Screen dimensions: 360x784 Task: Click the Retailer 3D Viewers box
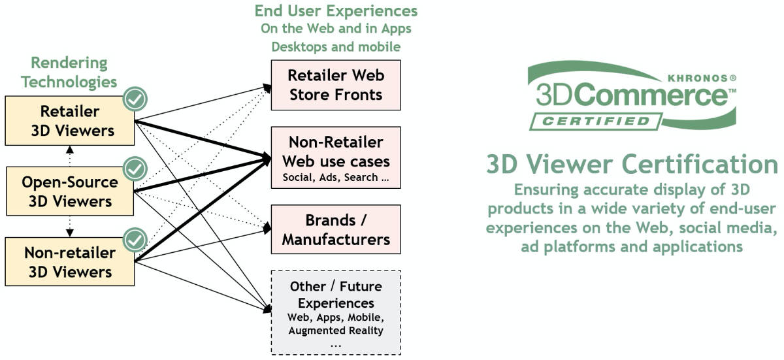pos(69,121)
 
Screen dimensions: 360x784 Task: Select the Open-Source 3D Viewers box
pos(69,192)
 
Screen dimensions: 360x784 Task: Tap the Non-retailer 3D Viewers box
pos(69,262)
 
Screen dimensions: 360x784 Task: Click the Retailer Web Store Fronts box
pos(335,85)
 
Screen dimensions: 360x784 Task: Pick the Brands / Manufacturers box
pos(335,229)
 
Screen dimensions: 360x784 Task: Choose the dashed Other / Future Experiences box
pos(335,312)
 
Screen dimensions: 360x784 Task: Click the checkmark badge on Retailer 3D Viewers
pos(136,99)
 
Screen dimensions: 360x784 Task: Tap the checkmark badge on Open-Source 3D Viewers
pos(136,169)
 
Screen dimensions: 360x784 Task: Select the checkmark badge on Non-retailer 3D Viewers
pos(136,240)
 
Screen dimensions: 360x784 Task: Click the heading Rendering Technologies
pos(69,73)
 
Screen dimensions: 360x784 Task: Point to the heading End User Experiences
pos(336,11)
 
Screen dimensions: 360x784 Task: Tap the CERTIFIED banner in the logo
pos(593,122)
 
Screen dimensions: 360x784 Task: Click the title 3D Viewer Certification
pos(631,165)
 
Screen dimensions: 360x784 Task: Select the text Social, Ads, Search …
pos(335,177)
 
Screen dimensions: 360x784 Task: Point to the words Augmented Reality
pos(336,331)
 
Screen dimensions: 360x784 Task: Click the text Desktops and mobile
pos(336,46)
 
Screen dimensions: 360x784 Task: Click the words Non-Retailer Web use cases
pos(335,151)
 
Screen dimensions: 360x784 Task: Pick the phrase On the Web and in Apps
pos(336,29)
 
